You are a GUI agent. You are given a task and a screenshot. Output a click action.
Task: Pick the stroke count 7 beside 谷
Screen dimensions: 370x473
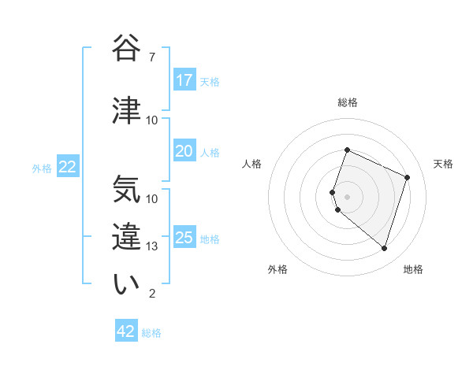point(151,57)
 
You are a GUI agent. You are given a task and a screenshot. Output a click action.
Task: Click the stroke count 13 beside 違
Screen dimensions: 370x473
point(152,246)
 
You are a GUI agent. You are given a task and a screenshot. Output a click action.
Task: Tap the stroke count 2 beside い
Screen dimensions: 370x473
point(151,294)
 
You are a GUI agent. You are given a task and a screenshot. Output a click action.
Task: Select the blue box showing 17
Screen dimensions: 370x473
point(184,80)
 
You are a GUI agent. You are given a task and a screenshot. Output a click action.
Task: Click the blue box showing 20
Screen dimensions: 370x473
point(184,151)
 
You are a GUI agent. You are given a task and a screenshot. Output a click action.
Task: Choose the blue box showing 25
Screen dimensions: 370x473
point(184,238)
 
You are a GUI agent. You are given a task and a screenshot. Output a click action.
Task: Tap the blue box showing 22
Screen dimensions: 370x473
point(68,167)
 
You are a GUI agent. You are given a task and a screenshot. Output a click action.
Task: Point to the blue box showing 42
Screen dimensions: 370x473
point(126,331)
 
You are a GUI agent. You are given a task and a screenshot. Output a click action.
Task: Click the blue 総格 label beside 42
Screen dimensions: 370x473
point(151,333)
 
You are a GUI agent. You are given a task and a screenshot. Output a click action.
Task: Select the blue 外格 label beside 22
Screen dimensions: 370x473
point(42,168)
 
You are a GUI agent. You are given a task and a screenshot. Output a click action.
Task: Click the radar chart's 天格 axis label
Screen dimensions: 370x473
point(443,164)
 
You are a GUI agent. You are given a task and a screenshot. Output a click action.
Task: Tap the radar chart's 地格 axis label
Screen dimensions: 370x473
point(413,269)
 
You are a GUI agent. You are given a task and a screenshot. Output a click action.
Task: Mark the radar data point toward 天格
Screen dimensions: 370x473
point(408,177)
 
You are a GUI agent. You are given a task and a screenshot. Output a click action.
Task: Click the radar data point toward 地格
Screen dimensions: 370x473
point(384,248)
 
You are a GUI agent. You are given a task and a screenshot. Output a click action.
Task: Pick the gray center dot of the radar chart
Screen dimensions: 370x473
point(348,196)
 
